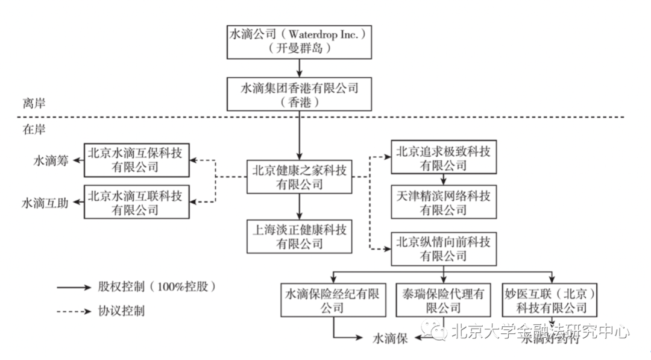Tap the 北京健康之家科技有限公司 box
pos(300,177)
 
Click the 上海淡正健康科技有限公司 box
pos(300,236)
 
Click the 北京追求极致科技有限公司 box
pos(443,157)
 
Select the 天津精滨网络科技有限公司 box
pos(443,202)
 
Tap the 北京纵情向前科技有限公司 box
pos(443,248)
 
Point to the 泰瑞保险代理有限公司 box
pos(443,300)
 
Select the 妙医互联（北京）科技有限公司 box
pos(550,300)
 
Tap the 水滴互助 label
pos(45,203)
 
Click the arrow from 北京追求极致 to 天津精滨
pos(443,179)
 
